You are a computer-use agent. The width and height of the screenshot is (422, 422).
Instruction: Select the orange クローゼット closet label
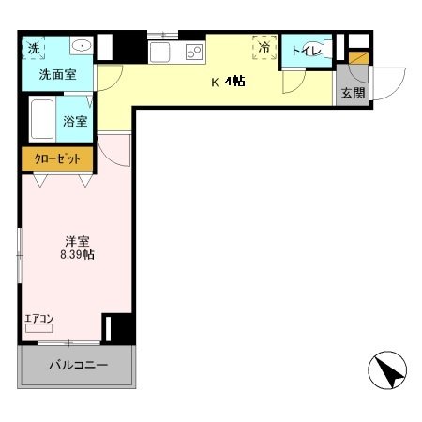click(x=57, y=158)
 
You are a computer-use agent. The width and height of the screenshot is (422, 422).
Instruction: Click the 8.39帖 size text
click(x=75, y=254)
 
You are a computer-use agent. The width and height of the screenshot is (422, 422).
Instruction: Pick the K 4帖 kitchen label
click(x=228, y=82)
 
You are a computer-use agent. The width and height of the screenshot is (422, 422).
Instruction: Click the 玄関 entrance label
click(x=353, y=93)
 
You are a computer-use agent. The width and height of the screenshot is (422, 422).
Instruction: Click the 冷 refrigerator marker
click(x=265, y=47)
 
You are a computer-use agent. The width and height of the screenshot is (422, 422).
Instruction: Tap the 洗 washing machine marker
click(x=33, y=48)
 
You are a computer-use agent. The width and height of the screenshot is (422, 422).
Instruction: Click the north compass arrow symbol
click(x=388, y=371)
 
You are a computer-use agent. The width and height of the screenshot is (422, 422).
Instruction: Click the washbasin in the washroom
click(x=80, y=46)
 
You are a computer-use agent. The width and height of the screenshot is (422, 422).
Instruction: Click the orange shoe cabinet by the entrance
click(x=358, y=58)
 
